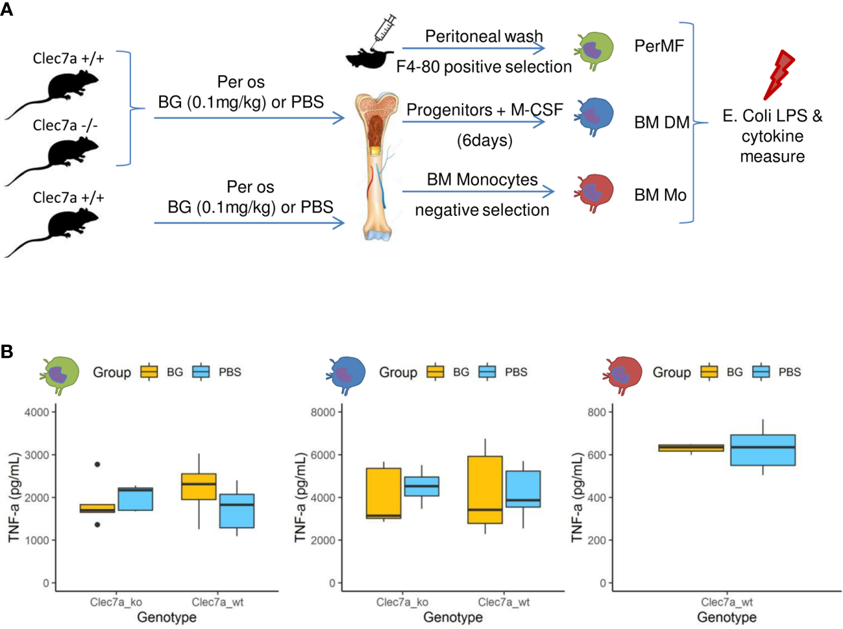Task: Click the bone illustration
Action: (x=376, y=165)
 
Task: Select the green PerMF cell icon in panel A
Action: (x=594, y=50)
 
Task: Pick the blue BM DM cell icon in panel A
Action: (x=594, y=116)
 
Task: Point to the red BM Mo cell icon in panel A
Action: (x=594, y=192)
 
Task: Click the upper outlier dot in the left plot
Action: (x=97, y=464)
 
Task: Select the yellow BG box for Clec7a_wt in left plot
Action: (x=199, y=486)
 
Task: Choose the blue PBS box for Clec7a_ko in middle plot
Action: (x=422, y=486)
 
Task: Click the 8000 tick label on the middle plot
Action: (x=323, y=412)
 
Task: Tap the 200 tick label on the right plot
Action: (x=596, y=540)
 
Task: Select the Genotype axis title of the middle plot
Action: (x=453, y=617)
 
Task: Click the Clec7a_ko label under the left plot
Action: (x=116, y=602)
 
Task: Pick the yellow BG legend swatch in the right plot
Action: (x=709, y=372)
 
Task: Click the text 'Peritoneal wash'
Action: (x=483, y=36)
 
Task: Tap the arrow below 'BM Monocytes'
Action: (x=478, y=191)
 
